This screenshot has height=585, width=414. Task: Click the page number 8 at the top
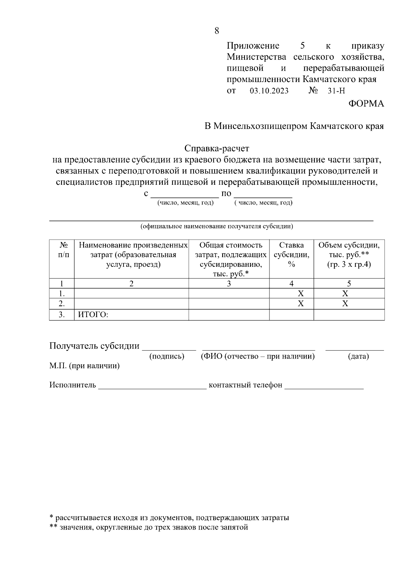217,31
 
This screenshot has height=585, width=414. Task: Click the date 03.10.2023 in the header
269,91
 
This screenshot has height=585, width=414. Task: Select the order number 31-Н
336,91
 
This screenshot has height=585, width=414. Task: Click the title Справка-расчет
217,149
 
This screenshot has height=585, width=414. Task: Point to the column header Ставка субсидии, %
292,255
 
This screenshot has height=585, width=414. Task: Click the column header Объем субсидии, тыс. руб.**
349,255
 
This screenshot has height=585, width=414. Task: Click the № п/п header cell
62,250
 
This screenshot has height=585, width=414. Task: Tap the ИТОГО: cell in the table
93,315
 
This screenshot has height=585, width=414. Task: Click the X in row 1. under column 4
301,294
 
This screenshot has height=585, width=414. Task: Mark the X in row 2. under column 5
345,304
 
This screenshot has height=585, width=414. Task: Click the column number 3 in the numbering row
229,284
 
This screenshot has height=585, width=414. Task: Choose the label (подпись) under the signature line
167,356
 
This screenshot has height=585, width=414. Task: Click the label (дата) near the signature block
358,356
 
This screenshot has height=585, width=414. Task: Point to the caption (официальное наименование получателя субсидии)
217,227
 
